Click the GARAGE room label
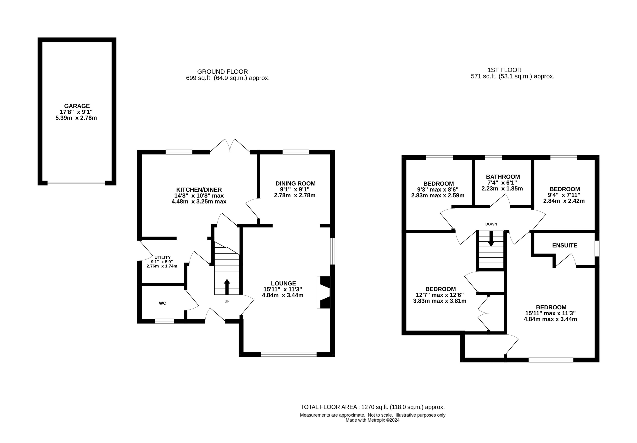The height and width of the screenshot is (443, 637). [77, 106]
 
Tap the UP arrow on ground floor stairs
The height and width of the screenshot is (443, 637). [227, 287]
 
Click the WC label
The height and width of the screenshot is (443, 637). [163, 303]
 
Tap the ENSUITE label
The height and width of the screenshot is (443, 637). [565, 245]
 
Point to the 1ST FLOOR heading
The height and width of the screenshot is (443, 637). [504, 70]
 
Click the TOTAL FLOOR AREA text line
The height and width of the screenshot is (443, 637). [372, 407]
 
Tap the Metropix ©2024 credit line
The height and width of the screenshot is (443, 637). [372, 420]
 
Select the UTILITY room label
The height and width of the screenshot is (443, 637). [162, 257]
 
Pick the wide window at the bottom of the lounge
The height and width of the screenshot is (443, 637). [289, 354]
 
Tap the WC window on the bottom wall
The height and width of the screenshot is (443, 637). [164, 321]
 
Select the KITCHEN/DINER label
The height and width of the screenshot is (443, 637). [199, 190]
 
